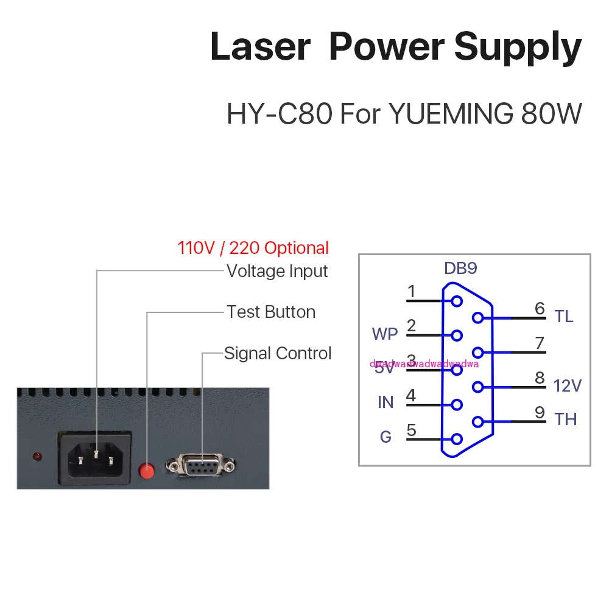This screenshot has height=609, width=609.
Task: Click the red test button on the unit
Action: tap(147, 470)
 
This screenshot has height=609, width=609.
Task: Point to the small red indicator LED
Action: tap(37, 456)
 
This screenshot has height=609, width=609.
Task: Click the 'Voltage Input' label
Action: tap(277, 271)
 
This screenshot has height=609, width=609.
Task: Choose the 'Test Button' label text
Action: tap(271, 312)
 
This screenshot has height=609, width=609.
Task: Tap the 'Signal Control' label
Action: tap(278, 353)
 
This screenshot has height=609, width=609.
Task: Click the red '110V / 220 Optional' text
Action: tap(253, 248)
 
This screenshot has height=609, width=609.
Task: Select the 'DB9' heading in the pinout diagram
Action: tap(461, 269)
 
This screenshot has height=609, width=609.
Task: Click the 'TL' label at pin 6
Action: tap(564, 317)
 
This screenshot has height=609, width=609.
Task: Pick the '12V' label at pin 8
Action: tap(568, 385)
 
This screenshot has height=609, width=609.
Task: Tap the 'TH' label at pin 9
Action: tap(565, 420)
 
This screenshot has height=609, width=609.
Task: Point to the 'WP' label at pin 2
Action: tap(385, 334)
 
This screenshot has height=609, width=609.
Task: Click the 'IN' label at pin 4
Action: tap(385, 403)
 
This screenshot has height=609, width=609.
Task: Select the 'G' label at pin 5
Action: tap(385, 437)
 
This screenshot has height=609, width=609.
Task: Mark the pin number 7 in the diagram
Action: tap(540, 343)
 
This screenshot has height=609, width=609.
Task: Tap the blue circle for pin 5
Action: tap(457, 438)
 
